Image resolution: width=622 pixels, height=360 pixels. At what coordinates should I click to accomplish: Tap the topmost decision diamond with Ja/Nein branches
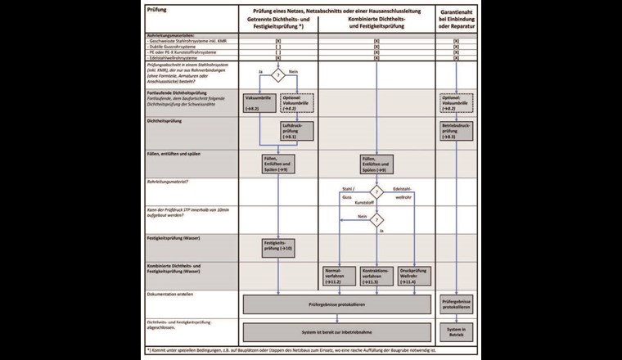tap(278, 76)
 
